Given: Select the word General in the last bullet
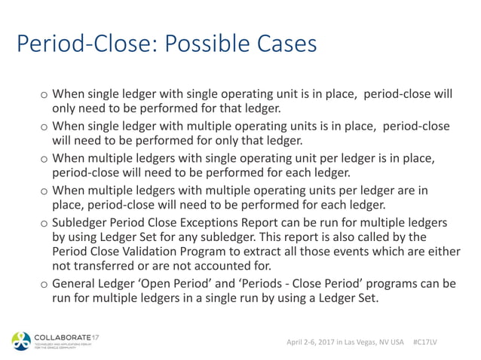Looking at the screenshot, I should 77,284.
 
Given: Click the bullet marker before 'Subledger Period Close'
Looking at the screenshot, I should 44,224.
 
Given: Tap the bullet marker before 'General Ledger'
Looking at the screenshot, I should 44,285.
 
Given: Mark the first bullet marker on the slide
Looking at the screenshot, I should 44,95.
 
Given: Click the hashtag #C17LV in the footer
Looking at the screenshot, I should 427,341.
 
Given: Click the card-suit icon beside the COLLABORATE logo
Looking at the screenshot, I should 22,340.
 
